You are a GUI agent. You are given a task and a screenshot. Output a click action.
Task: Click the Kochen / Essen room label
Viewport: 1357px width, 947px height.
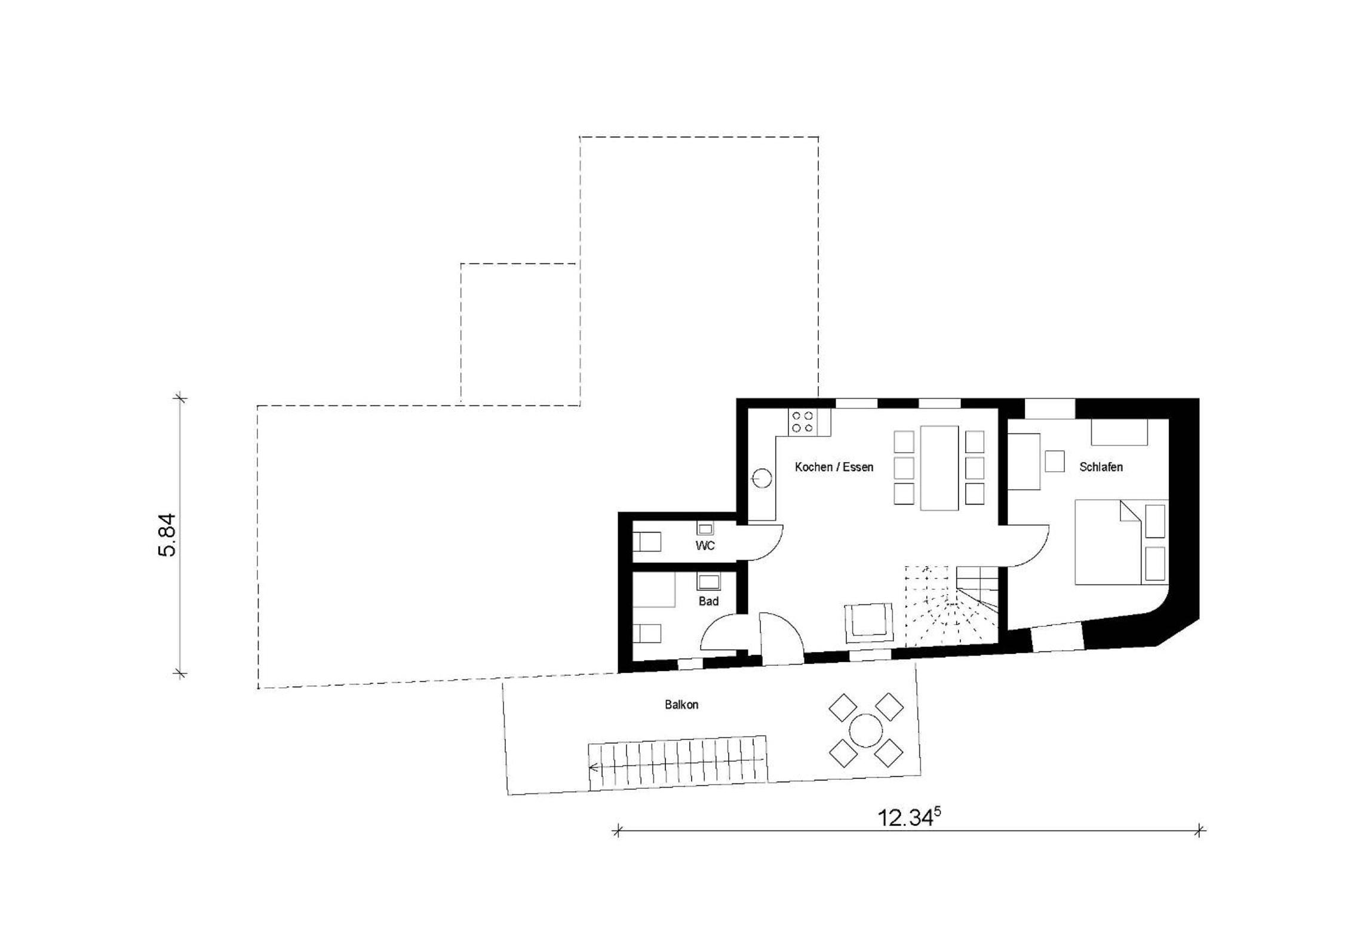834,467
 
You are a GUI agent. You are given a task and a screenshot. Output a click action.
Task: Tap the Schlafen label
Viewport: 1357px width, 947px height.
1101,467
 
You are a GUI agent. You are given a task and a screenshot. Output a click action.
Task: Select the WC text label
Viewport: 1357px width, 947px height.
705,546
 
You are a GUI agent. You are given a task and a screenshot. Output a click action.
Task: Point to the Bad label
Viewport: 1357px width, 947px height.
708,601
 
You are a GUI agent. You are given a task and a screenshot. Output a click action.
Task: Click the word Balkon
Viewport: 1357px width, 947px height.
681,705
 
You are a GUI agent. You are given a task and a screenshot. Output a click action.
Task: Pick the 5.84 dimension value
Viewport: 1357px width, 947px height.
168,535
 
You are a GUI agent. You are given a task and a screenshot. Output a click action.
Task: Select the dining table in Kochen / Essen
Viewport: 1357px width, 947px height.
939,468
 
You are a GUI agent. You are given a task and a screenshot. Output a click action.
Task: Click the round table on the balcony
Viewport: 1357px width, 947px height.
865,730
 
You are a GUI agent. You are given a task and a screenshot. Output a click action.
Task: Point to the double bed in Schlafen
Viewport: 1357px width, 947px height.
1121,542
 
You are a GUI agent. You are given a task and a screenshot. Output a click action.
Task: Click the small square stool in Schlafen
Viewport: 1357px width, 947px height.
1054,461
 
